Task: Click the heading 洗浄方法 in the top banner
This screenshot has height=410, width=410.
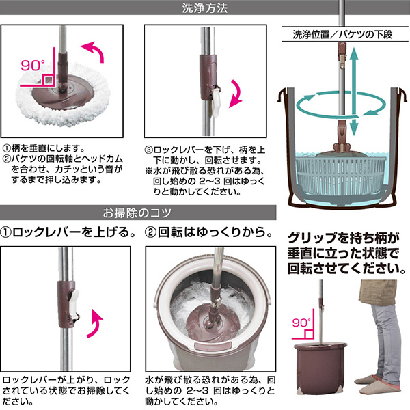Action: click(204, 8)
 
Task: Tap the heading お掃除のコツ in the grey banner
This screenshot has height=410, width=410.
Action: click(137, 213)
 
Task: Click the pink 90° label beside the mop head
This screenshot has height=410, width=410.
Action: click(32, 66)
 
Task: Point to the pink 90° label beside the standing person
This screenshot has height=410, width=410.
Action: click(301, 323)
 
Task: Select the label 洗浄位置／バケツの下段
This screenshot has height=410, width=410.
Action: click(342, 35)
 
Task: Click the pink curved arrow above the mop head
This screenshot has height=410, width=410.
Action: click(94, 51)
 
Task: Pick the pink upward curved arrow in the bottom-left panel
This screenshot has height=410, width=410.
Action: click(95, 323)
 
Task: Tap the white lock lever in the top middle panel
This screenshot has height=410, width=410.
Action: click(217, 101)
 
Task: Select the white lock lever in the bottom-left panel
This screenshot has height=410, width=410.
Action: click(74, 304)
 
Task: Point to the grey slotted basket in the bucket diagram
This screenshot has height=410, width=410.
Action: click(340, 176)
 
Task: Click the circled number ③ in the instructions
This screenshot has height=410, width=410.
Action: click(148, 150)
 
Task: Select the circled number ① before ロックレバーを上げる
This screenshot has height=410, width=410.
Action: click(5, 232)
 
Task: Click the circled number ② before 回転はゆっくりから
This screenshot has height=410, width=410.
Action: click(150, 232)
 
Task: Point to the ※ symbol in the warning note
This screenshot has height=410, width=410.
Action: click(149, 171)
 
